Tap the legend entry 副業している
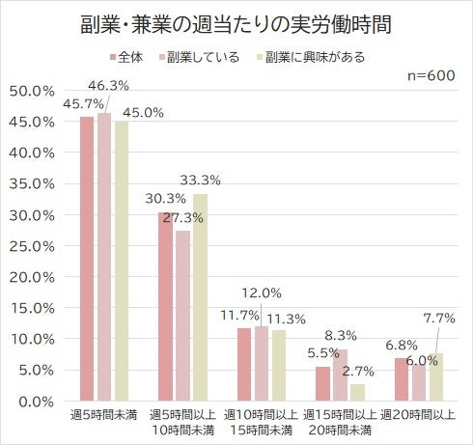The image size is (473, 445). [202, 57]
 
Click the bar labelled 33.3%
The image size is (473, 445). [200, 297]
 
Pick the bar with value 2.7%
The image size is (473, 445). [356, 392]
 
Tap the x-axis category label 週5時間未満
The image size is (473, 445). [104, 414]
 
